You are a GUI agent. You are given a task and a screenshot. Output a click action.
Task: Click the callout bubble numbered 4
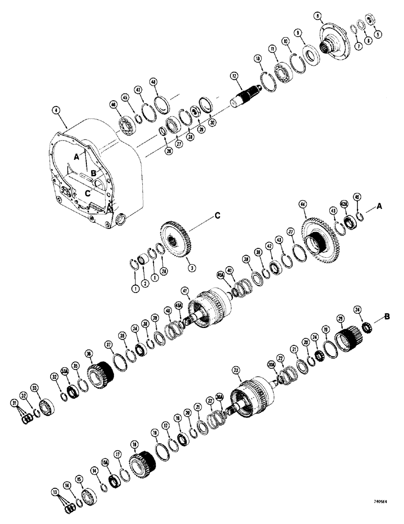tap(55, 111)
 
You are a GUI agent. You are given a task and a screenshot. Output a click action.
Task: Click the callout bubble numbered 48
tap(153, 82)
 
